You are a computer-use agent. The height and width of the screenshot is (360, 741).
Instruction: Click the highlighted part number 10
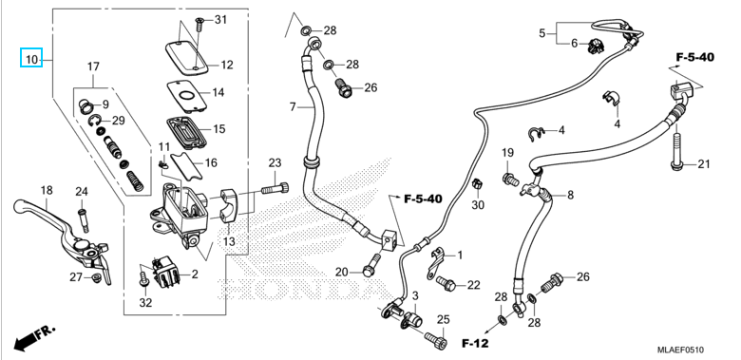pyautogui.click(x=31, y=60)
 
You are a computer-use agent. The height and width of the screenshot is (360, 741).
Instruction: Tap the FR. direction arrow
pyautogui.click(x=34, y=337)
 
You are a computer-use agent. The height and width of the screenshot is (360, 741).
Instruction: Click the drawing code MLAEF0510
pyautogui.click(x=680, y=350)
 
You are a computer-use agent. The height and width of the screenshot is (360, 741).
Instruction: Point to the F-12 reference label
pyautogui.click(x=475, y=343)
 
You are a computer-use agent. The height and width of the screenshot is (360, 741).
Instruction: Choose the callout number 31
pyautogui.click(x=220, y=20)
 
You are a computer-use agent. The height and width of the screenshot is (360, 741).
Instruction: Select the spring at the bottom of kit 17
pyautogui.click(x=136, y=180)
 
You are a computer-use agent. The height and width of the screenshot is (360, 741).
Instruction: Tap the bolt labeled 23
pyautogui.click(x=275, y=188)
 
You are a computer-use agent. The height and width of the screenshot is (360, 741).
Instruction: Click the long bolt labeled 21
pyautogui.click(x=675, y=151)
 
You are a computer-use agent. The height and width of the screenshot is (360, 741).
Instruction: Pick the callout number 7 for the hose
pyautogui.click(x=293, y=107)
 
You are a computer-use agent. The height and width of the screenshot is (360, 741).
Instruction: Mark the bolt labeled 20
pyautogui.click(x=372, y=265)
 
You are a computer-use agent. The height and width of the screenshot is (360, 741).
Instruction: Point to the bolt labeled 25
pyautogui.click(x=436, y=340)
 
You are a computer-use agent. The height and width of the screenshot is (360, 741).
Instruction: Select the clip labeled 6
pyautogui.click(x=596, y=47)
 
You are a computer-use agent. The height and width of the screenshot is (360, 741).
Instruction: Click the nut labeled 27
pyautogui.click(x=96, y=276)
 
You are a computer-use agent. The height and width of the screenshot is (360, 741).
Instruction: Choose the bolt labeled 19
pyautogui.click(x=511, y=180)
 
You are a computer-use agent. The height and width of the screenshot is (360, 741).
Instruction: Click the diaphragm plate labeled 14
pyautogui.click(x=186, y=96)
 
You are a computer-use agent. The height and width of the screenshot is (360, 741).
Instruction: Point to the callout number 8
pyautogui.click(x=570, y=195)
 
